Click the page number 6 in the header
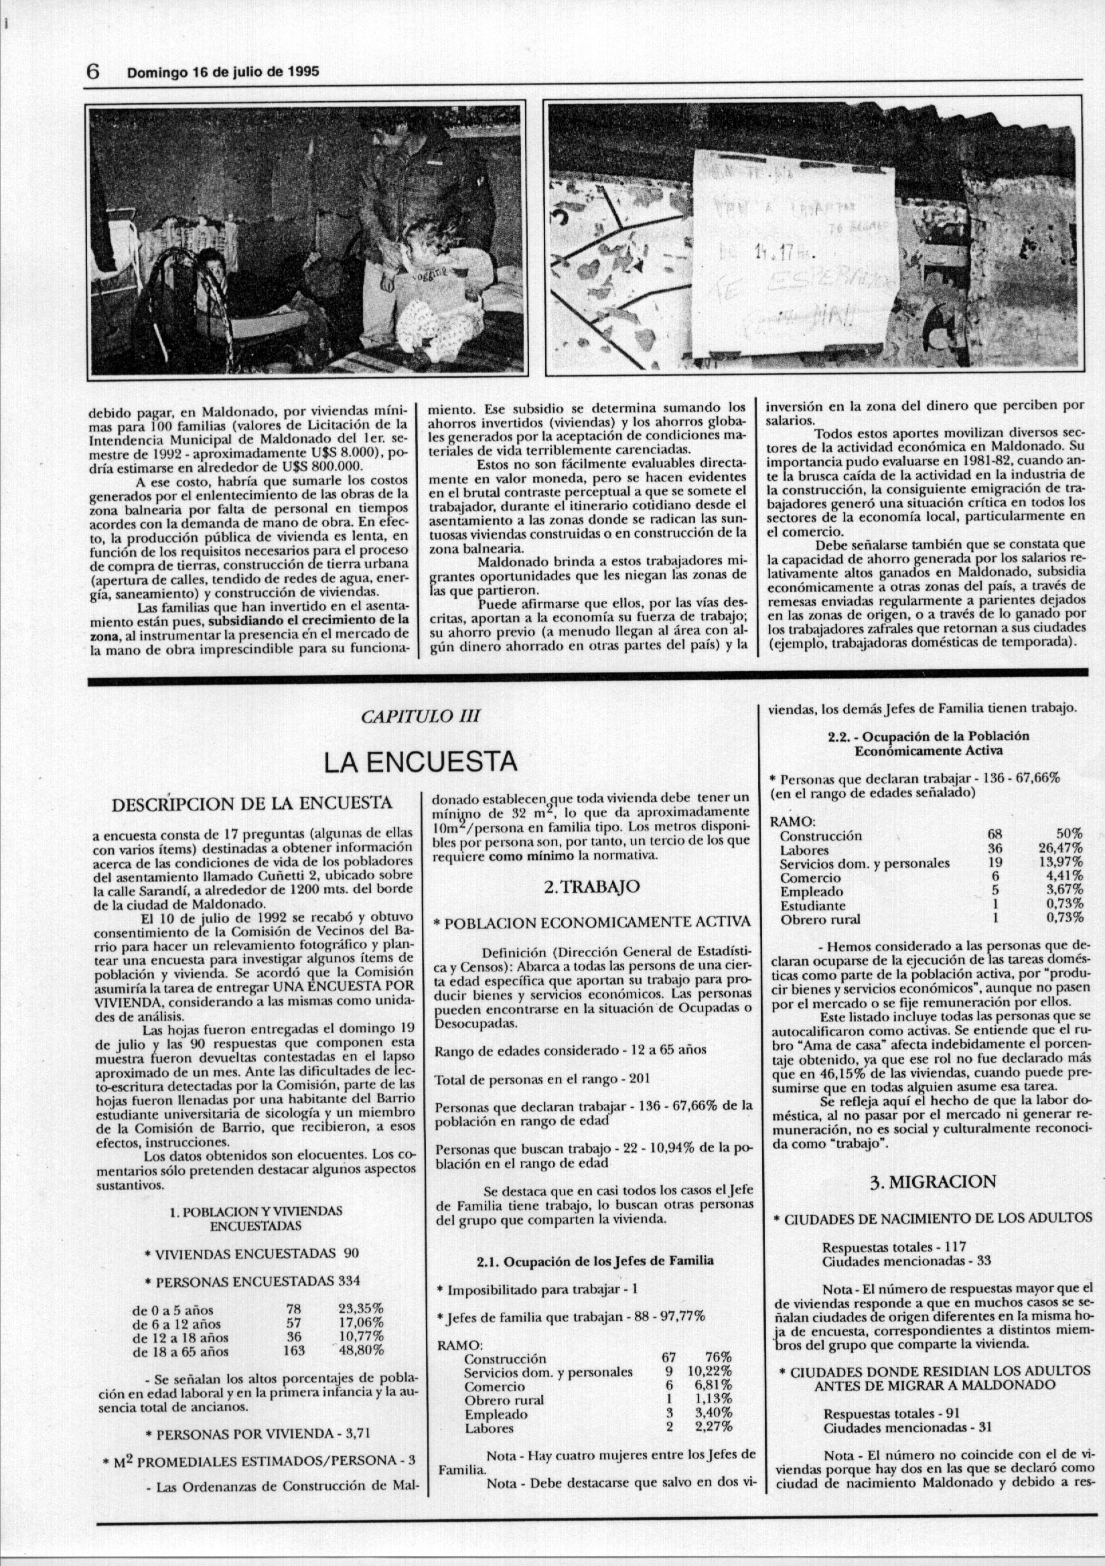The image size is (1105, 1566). (x=94, y=71)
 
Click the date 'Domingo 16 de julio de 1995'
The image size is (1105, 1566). (x=223, y=72)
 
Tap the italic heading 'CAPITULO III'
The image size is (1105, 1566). (x=420, y=717)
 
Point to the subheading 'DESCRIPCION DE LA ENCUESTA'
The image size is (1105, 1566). (x=252, y=803)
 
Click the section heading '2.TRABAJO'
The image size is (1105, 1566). (x=592, y=887)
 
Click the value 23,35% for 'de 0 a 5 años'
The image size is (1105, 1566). (x=361, y=1309)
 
